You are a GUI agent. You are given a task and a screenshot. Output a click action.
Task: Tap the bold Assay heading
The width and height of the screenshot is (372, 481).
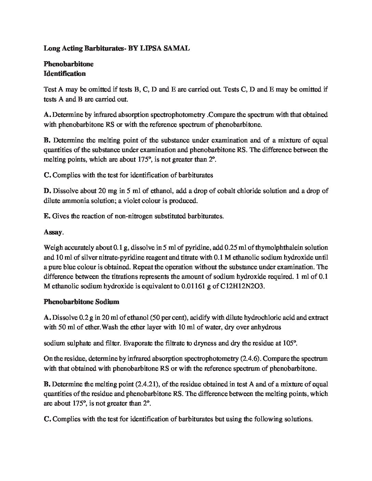(53, 232)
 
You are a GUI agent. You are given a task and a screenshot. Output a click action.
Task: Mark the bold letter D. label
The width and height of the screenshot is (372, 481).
(47, 191)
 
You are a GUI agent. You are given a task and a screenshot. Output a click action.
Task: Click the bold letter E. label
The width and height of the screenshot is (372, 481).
(47, 216)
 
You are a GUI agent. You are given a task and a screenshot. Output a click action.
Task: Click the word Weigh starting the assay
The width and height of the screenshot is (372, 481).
(52, 247)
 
